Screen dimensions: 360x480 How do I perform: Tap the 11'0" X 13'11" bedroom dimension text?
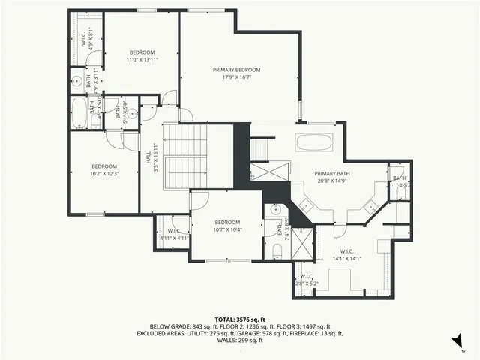click(140, 59)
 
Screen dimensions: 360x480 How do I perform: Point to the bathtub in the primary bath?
click(319, 142)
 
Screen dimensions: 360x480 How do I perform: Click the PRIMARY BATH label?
click(333, 173)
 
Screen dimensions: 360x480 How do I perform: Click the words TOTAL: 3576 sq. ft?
click(240, 319)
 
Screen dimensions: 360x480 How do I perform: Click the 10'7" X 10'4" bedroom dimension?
click(226, 229)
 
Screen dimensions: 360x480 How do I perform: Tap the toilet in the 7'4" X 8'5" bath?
click(276, 249)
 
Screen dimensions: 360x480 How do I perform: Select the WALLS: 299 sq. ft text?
click(240, 340)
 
